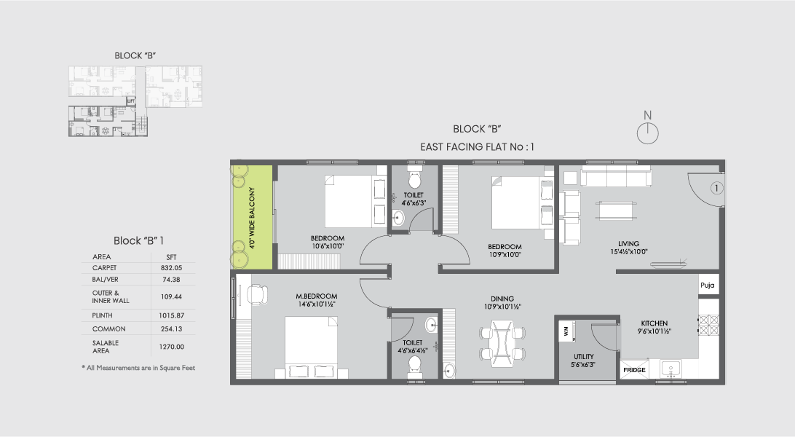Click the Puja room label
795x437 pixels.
pyautogui.click(x=708, y=286)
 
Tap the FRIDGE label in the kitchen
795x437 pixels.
pyautogui.click(x=633, y=370)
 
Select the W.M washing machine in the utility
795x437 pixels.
pyautogui.click(x=566, y=331)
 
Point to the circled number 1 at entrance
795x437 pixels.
pyautogui.click(x=716, y=188)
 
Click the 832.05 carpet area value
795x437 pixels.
pyautogui.click(x=171, y=267)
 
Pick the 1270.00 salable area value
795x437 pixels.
pyautogui.click(x=171, y=347)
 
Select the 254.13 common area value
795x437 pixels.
pyautogui.click(x=171, y=328)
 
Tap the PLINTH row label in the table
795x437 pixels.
pyautogui.click(x=103, y=315)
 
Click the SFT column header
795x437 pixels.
pyautogui.click(x=171, y=256)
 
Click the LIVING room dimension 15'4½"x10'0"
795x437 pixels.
pyautogui.click(x=628, y=252)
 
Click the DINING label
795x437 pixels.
pyautogui.click(x=502, y=299)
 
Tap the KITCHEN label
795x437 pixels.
pyautogui.click(x=655, y=323)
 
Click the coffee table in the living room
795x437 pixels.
pyautogui.click(x=616, y=208)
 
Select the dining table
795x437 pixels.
pyautogui.click(x=502, y=343)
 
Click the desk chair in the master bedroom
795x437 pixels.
pyautogui.click(x=256, y=294)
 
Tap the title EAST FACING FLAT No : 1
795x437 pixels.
pyautogui.click(x=477, y=147)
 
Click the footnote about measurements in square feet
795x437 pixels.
pyautogui.click(x=138, y=369)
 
